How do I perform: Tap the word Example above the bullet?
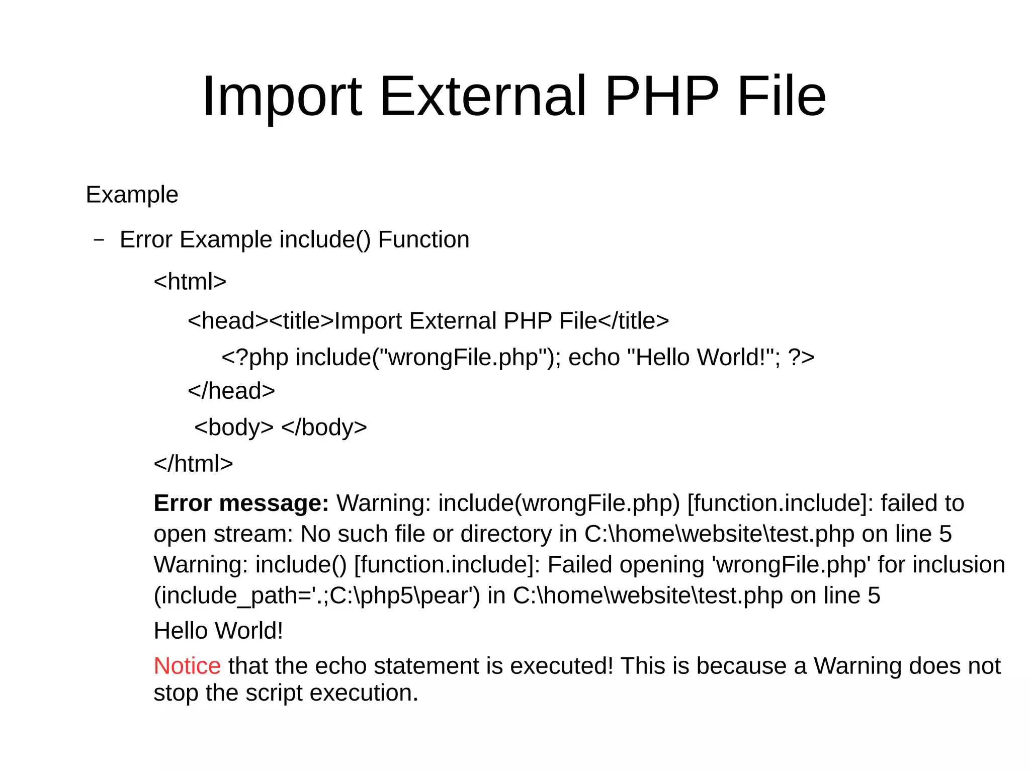tap(132, 195)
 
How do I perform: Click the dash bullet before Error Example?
tap(99, 240)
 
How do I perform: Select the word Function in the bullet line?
tap(423, 239)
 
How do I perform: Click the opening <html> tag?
tap(190, 281)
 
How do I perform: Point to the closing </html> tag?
tap(193, 463)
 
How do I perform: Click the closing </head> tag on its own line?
tap(231, 391)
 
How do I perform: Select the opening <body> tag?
tap(234, 427)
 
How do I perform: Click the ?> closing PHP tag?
tap(801, 357)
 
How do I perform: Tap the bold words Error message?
tap(241, 503)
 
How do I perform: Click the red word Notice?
tap(187, 666)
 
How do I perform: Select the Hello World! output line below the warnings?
tap(218, 631)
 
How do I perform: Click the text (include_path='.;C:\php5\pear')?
tap(317, 595)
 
